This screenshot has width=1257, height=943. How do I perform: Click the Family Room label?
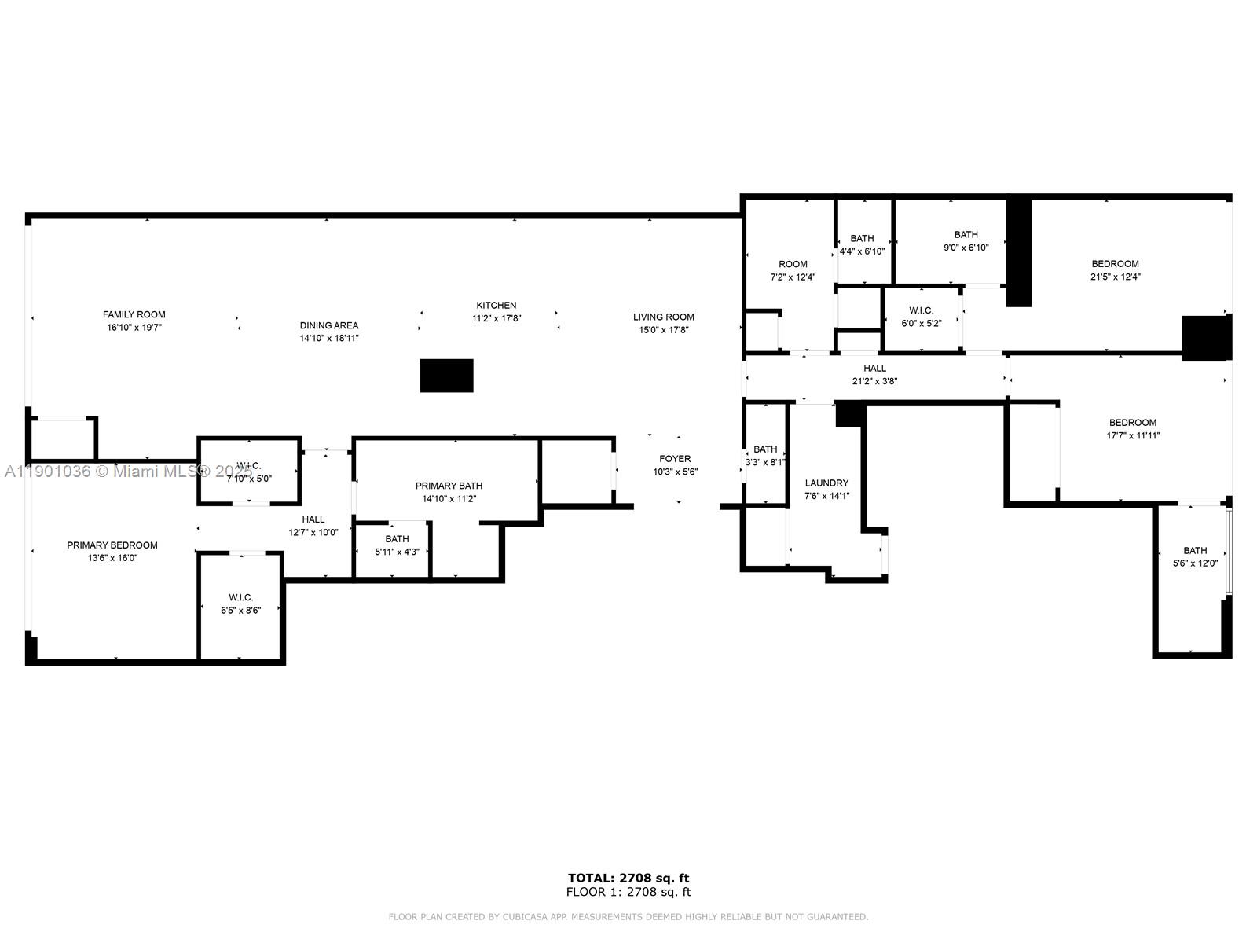134,314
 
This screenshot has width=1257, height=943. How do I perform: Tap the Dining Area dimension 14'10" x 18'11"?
329,339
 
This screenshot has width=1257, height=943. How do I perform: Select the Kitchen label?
497,306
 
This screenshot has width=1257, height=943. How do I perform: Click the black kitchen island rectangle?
447,376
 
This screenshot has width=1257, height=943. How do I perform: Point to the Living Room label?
664,317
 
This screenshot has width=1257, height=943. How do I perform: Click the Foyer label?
675,459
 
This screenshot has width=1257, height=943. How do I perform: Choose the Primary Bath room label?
449,486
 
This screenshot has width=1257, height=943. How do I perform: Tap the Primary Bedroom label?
112,545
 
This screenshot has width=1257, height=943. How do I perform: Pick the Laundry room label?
826,483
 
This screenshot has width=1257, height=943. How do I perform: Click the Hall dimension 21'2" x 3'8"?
874,381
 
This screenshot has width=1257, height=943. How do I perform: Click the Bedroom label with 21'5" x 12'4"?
1115,264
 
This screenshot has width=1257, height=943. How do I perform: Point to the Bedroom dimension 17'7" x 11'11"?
1132,435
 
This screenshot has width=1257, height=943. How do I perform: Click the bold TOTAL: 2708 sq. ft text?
628,878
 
